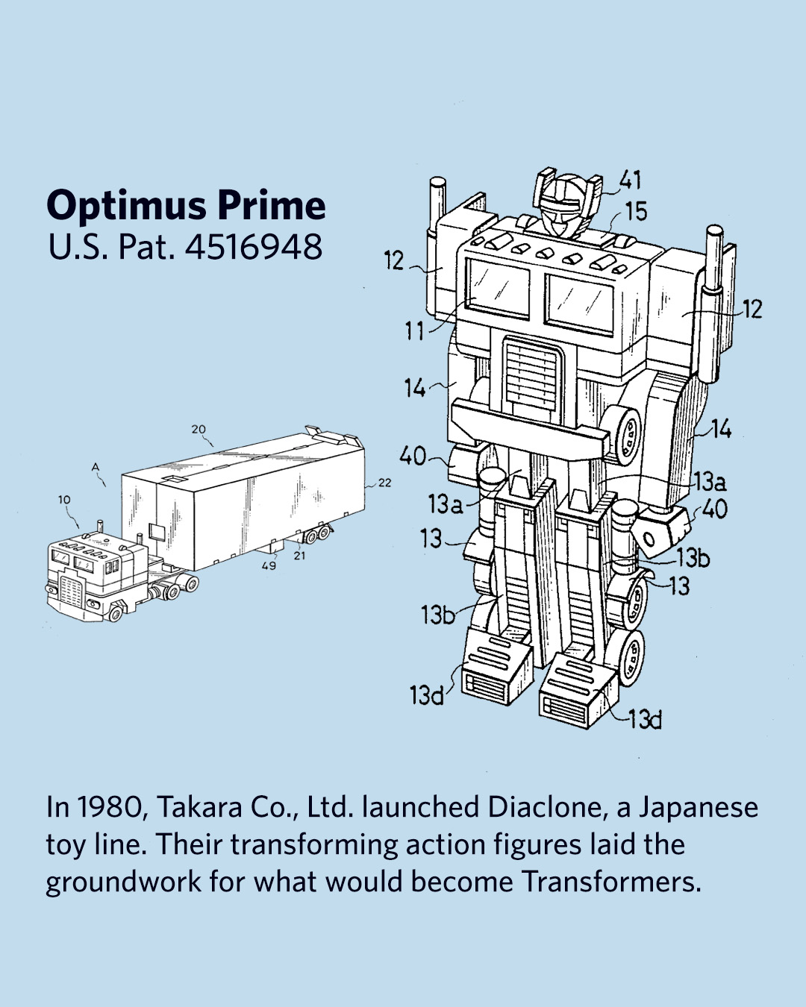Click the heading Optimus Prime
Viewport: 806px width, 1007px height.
coord(186,205)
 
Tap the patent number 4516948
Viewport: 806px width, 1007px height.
coord(254,246)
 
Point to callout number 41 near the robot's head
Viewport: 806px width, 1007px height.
coord(631,181)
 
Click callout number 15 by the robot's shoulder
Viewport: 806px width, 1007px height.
coord(636,211)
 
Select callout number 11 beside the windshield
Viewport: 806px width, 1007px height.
coord(414,332)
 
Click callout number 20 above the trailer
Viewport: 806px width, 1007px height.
coord(199,429)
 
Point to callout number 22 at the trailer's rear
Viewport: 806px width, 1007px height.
coord(384,483)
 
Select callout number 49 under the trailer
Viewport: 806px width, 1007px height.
coord(269,565)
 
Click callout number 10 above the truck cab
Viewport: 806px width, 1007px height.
coord(64,500)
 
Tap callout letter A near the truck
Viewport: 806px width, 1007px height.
coord(96,466)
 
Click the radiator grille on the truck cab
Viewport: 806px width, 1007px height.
coord(71,590)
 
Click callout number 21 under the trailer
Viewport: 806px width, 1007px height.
coord(299,556)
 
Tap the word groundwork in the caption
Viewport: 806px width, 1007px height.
coord(124,883)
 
